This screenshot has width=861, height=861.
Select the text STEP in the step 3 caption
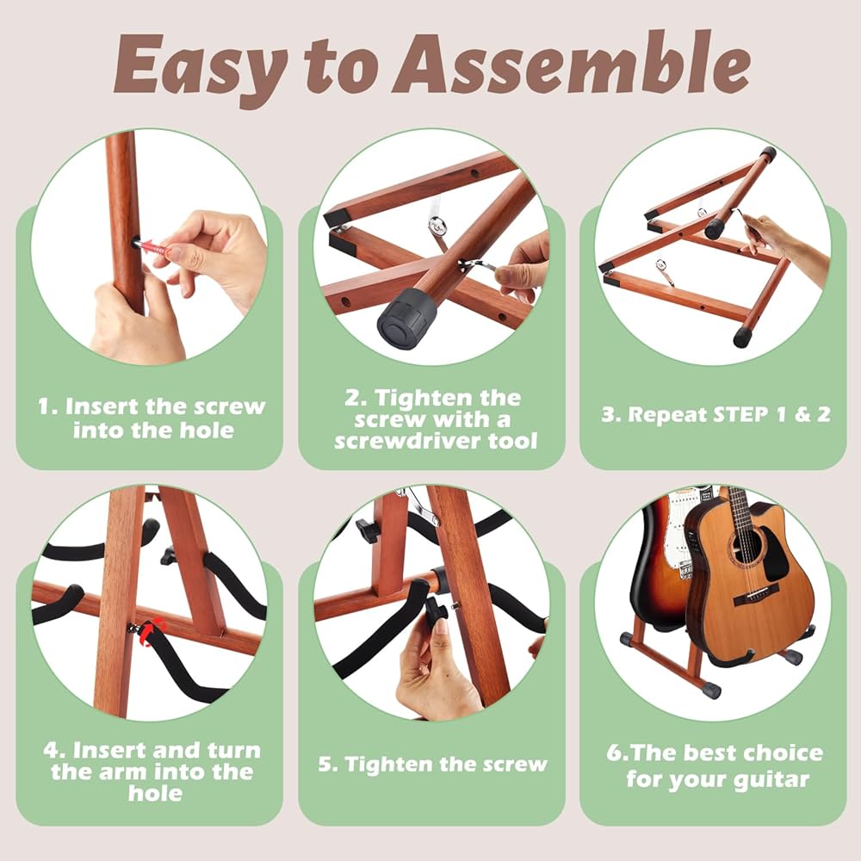(740, 415)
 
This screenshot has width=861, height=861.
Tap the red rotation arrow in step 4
(152, 631)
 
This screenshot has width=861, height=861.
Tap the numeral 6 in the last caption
(613, 753)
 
